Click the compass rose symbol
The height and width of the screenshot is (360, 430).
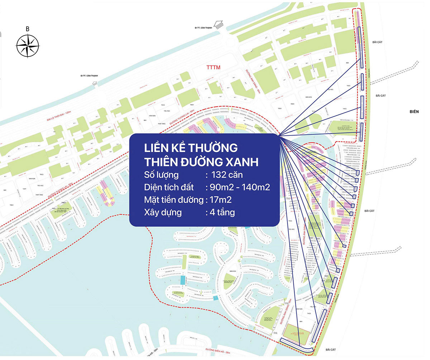click(28, 45)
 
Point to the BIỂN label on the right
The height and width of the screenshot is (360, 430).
click(414, 112)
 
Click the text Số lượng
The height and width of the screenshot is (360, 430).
click(161, 175)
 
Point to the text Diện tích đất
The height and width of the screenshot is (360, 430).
click(169, 187)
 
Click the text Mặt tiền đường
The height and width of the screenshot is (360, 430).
click(173, 200)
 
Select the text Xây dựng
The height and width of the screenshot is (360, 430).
click(163, 212)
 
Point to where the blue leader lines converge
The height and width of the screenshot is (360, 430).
click(279, 136)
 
